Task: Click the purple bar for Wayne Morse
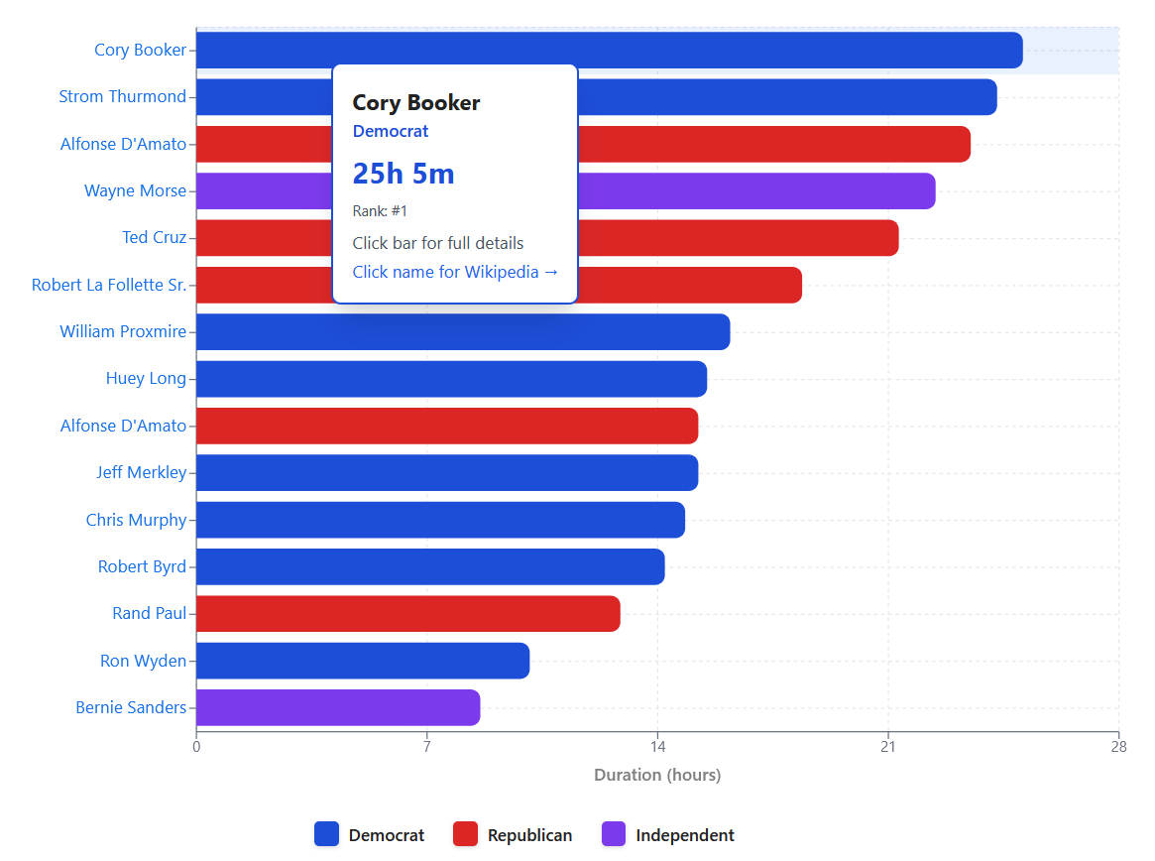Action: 753,191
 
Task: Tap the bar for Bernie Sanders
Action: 338,708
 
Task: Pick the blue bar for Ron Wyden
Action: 363,661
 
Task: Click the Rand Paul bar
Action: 407,614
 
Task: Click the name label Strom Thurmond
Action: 123,97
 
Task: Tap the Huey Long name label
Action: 146,379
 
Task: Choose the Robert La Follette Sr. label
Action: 109,286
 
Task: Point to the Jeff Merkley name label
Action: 141,473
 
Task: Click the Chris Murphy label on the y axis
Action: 136,520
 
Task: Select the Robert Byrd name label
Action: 142,567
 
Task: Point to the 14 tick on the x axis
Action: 657,748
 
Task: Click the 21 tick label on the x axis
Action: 887,748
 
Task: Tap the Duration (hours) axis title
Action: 657,775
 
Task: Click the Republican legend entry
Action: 513,835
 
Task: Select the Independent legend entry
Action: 668,835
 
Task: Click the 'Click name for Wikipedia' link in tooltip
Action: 455,272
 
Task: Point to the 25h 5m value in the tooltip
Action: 404,174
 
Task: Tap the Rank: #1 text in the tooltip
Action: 380,211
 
